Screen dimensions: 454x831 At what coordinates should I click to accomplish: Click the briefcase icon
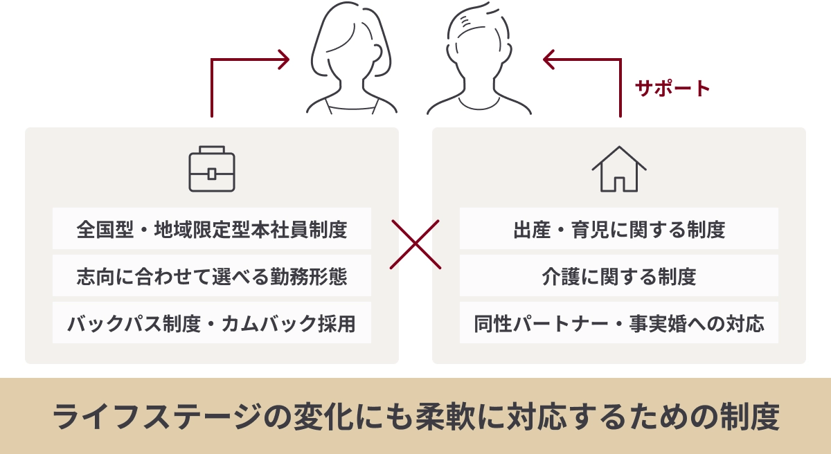point(212,169)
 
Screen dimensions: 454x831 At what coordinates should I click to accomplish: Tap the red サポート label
point(672,89)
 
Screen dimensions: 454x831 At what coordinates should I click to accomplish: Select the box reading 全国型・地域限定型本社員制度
point(212,228)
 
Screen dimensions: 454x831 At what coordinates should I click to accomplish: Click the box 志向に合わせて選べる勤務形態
point(212,276)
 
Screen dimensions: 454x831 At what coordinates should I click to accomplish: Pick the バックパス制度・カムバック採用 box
point(212,323)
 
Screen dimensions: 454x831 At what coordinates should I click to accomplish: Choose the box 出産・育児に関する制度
point(619,228)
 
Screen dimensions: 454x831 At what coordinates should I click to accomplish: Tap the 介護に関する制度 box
point(619,276)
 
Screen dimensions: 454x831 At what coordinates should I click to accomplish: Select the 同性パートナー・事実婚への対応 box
point(619,323)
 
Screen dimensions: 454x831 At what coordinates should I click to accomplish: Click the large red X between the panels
point(415,244)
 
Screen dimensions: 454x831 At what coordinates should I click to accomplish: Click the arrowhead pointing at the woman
point(283,60)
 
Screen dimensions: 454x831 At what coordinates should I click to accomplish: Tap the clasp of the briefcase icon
point(212,173)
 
